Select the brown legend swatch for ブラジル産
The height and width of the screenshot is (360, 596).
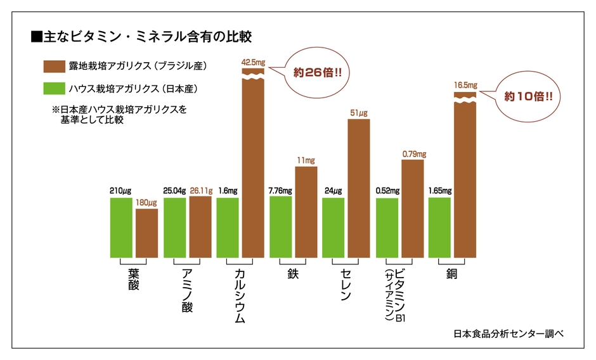pyautogui.click(x=55, y=66)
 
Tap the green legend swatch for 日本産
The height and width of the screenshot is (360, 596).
pyautogui.click(x=55, y=88)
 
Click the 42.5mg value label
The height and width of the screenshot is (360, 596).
pyautogui.click(x=254, y=62)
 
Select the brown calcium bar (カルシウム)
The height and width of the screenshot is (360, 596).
pyautogui.click(x=253, y=171)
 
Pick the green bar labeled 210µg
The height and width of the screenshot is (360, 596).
pyautogui.click(x=121, y=228)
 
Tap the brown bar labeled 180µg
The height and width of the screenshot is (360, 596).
pyautogui.click(x=146, y=233)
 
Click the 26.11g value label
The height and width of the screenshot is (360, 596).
pyautogui.click(x=200, y=190)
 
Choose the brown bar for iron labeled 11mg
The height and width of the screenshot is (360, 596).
pyautogui.click(x=306, y=212)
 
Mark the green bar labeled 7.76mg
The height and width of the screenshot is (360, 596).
pyautogui.click(x=280, y=227)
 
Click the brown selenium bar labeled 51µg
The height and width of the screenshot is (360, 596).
pyautogui.click(x=359, y=188)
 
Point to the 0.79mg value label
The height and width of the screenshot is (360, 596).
pyautogui.click(x=414, y=153)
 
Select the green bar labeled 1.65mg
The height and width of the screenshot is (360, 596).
pyautogui.click(x=439, y=228)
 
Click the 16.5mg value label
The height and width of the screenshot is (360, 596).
pyautogui.click(x=465, y=84)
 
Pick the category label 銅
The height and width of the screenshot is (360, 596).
pyautogui.click(x=452, y=274)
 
